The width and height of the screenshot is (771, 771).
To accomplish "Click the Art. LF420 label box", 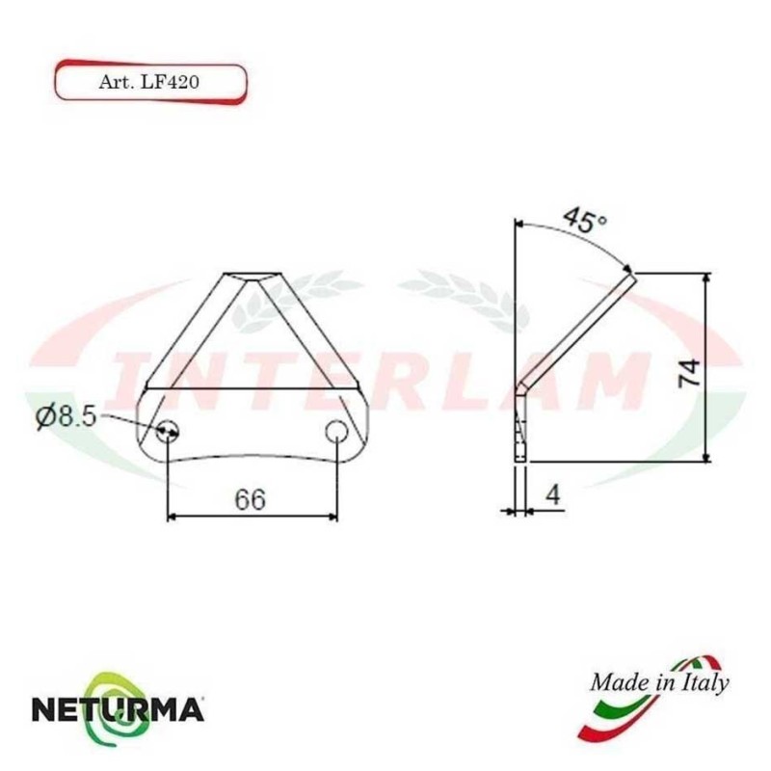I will tap(149, 80).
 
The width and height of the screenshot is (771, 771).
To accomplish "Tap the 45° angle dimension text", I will tap(585, 219).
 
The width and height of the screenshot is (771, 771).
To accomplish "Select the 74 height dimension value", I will tap(688, 370).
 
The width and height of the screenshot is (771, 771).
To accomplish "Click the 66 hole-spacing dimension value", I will tap(250, 499).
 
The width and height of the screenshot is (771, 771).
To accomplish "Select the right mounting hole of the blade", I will tap(336, 430).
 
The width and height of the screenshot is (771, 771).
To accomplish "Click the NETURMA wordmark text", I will tap(118, 711).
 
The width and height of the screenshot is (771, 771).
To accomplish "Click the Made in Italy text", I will tap(659, 682).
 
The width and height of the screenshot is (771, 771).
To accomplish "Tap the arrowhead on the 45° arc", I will tap(628, 269).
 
